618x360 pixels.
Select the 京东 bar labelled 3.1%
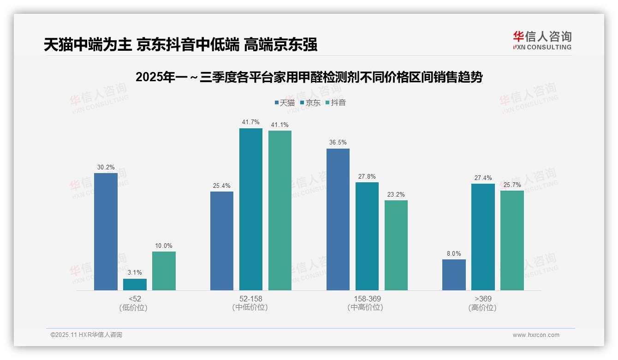tap(135, 284)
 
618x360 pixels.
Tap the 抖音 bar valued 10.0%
tap(164, 271)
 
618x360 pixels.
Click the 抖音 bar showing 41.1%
tap(279, 210)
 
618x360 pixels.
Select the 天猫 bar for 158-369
tap(338, 219)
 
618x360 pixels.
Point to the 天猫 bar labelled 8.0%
tap(454, 275)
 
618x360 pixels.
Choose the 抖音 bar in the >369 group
tap(512, 240)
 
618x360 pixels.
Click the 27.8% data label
tap(367, 176)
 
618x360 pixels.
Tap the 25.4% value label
tap(221, 186)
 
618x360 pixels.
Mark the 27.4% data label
tap(483, 178)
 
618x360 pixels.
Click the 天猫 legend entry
tap(285, 103)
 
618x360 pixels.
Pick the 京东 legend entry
tap(310, 103)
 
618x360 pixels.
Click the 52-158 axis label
tap(250, 299)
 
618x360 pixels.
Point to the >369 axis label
tap(482, 299)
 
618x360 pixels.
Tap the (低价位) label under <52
tap(134, 307)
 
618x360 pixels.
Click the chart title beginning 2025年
tap(309, 77)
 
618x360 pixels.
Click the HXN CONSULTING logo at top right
tap(542, 41)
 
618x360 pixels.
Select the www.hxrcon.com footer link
tap(535, 335)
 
